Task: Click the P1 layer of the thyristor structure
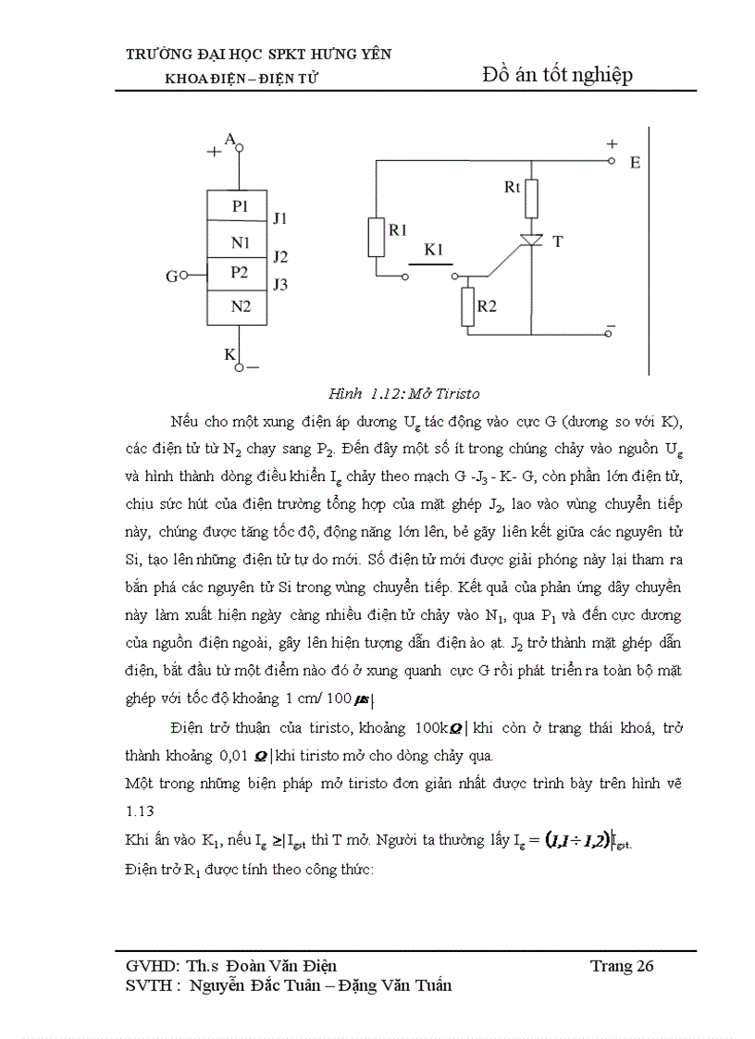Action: [x=240, y=206]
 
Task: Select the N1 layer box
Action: [x=240, y=242]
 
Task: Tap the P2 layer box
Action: [x=240, y=273]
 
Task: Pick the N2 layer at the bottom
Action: [x=240, y=306]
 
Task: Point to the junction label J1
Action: [x=279, y=219]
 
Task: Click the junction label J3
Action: [x=279, y=285]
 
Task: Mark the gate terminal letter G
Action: [x=171, y=276]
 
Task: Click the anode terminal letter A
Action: [x=229, y=139]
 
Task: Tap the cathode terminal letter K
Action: [x=229, y=353]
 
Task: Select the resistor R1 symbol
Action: [x=376, y=237]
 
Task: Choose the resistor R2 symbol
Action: [x=467, y=307]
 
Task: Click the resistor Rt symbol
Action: [x=530, y=197]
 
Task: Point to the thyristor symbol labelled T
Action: [x=531, y=241]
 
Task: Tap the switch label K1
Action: [x=433, y=250]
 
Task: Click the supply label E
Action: [x=635, y=163]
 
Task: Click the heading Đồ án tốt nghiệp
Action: [x=558, y=75]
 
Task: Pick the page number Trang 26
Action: [x=622, y=966]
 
